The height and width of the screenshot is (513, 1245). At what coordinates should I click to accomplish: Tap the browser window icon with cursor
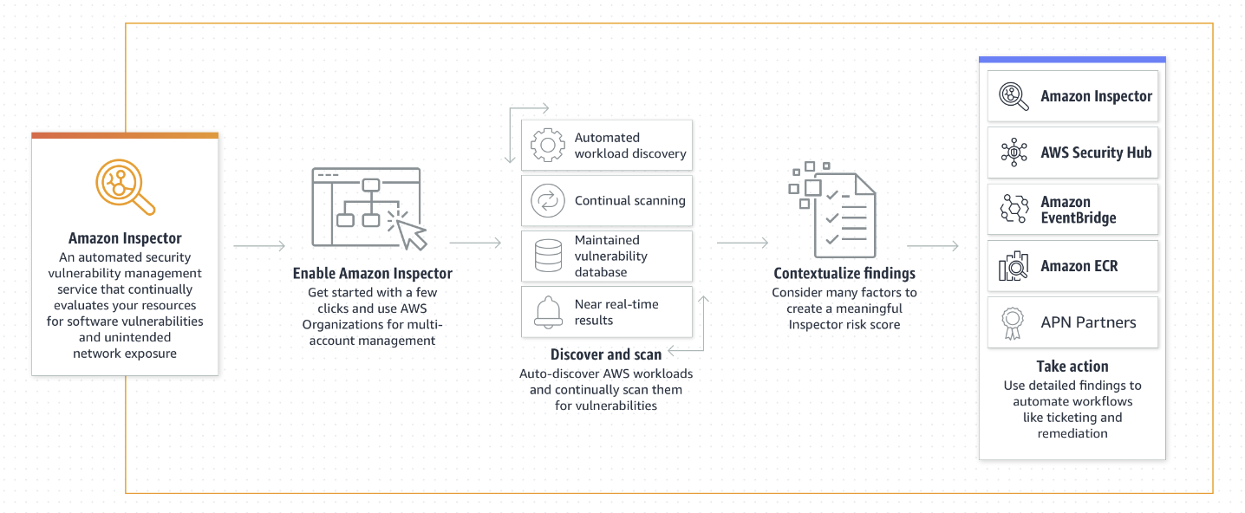click(369, 208)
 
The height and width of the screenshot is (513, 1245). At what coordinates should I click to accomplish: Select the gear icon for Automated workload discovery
click(547, 146)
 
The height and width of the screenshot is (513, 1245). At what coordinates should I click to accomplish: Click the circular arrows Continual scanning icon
click(547, 200)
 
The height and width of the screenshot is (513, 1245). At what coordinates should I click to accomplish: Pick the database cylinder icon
click(547, 256)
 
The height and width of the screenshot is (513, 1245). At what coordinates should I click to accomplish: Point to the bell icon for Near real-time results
click(547, 311)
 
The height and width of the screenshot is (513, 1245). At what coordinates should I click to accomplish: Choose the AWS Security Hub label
click(1096, 153)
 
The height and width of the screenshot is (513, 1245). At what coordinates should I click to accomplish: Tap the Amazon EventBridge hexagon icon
click(1014, 210)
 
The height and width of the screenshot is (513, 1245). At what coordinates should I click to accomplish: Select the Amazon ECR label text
click(1079, 266)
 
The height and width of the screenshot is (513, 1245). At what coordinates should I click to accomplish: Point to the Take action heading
click(1072, 366)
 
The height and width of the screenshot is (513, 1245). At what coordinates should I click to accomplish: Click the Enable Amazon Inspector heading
click(372, 274)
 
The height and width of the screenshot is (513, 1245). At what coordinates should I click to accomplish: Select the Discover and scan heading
click(605, 354)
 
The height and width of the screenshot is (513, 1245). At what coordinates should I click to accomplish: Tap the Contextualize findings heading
click(844, 274)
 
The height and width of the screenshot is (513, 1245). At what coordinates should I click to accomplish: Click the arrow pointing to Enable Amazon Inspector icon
click(259, 246)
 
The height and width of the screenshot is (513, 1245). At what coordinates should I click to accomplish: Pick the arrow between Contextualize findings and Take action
click(933, 246)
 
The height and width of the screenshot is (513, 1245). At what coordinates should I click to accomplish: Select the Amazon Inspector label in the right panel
click(1096, 96)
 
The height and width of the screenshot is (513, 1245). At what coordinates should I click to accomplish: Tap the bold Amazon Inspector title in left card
click(125, 238)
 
